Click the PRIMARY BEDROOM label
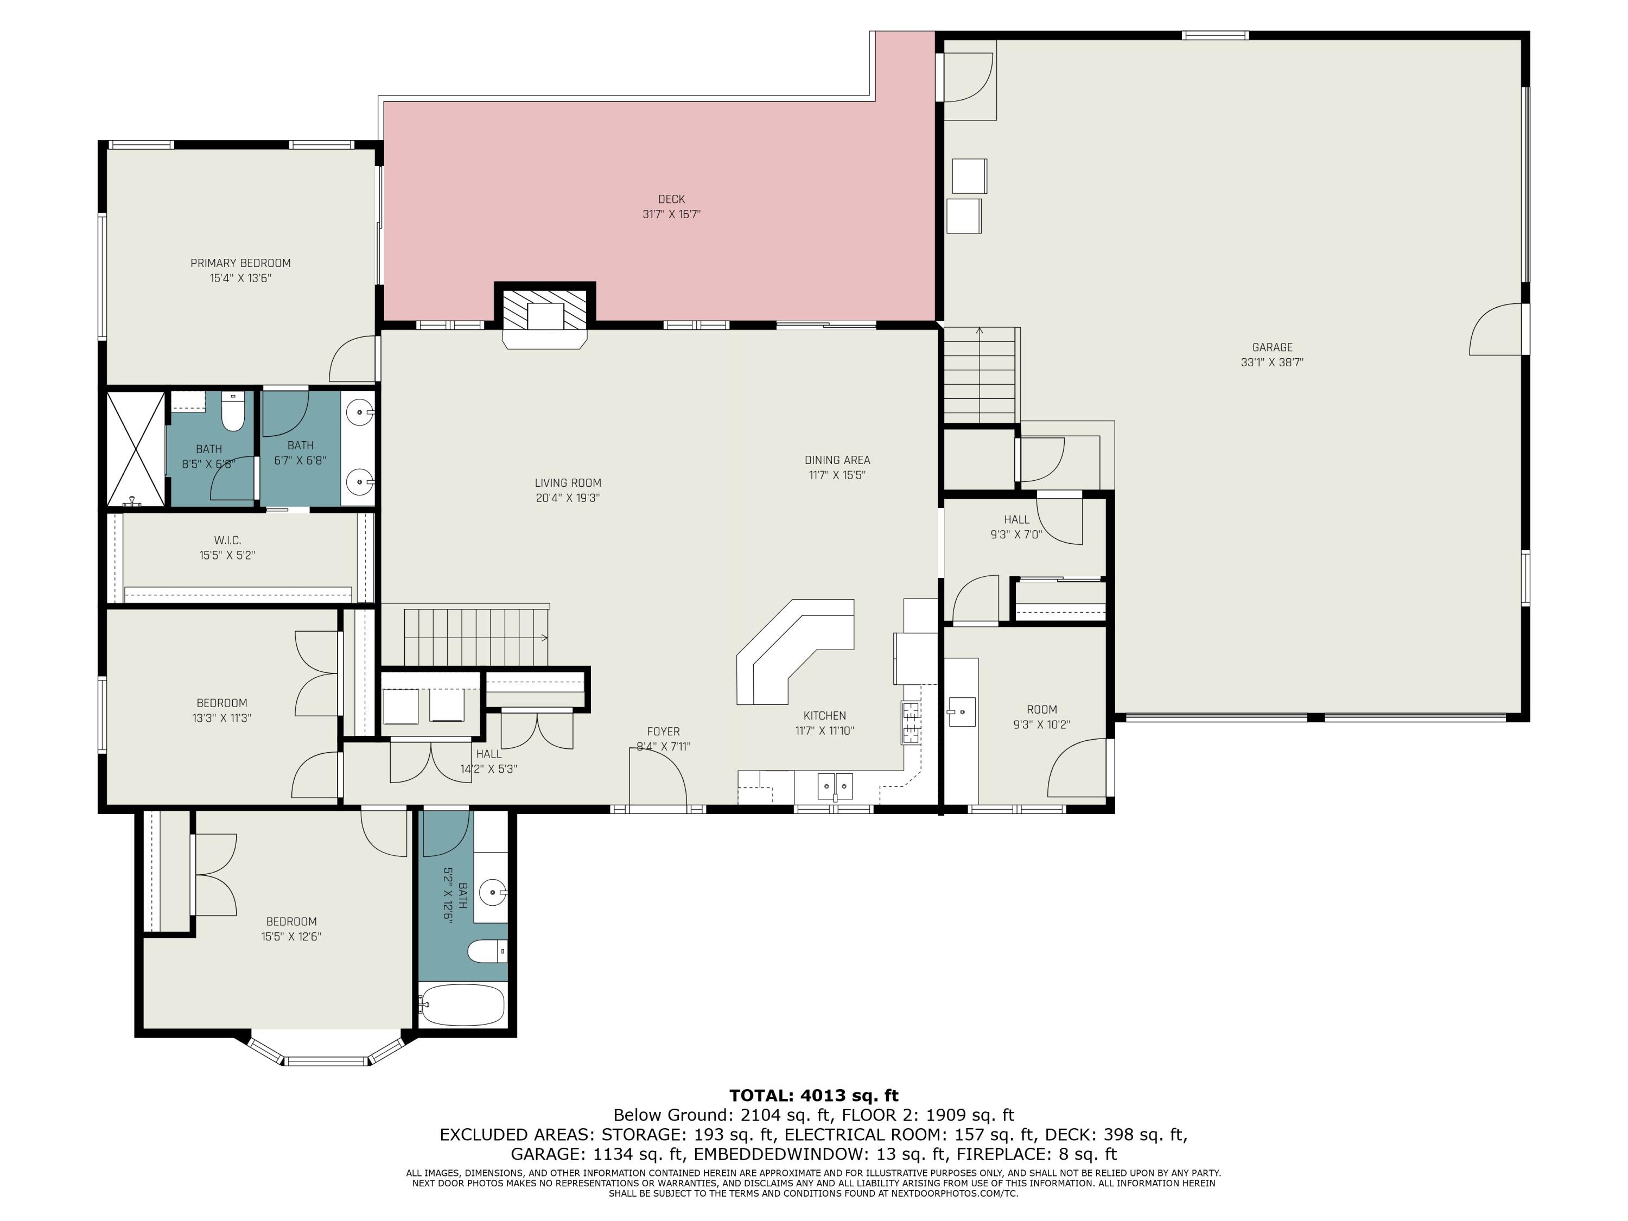point(240,263)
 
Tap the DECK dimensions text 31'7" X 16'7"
point(671,214)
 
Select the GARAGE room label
point(1272,347)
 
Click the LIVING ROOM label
point(568,483)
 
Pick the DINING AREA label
point(837,460)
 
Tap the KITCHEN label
point(824,715)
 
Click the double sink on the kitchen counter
point(835,786)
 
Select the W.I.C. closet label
point(227,540)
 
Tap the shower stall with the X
point(136,449)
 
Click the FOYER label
point(663,732)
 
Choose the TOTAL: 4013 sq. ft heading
point(814,1096)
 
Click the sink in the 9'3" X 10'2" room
point(961,711)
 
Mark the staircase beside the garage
point(980,376)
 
